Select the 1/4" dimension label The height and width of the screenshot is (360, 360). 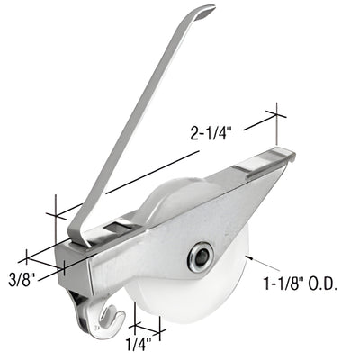(x=137, y=341)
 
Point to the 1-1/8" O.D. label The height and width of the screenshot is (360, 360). (x=300, y=284)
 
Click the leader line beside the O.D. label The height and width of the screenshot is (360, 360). (x=256, y=263)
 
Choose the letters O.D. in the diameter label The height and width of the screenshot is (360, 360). (x=321, y=284)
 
